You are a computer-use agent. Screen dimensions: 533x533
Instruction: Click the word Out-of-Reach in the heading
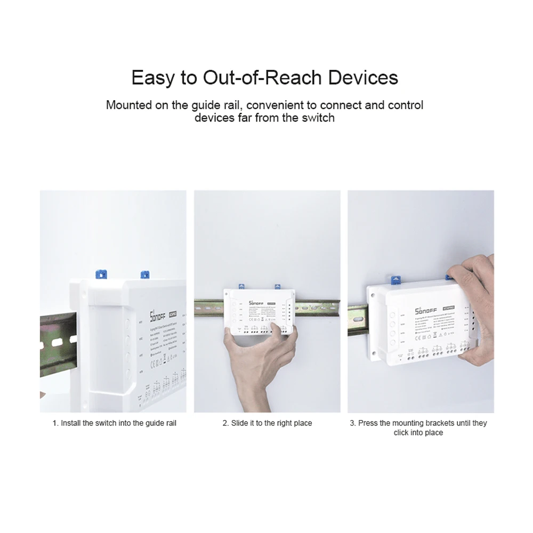coord(263,78)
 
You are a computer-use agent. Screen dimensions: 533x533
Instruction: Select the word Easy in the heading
coord(152,78)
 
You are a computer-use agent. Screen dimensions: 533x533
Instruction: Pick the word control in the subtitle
coord(405,105)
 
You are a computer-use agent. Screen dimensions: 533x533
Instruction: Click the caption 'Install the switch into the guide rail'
coord(114,423)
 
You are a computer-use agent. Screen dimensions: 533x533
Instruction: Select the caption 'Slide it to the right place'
coord(267,423)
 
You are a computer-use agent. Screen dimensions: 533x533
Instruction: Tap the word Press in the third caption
coord(368,423)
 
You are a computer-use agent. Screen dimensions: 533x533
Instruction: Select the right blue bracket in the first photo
coord(143,275)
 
